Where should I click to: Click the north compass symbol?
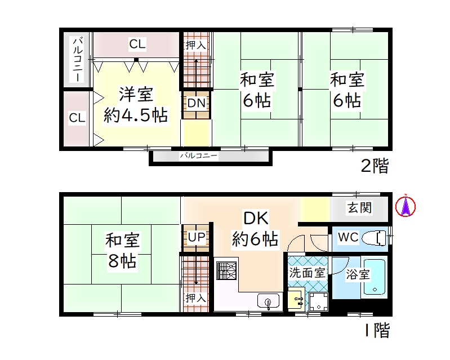coord(406,206)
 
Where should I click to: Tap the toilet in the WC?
coord(374,237)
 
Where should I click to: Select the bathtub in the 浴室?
coord(375,277)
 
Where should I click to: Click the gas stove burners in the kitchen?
coord(226,271)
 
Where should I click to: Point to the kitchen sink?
coord(268,301)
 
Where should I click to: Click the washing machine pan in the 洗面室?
coord(319,302)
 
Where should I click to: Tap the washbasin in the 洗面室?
coord(296,299)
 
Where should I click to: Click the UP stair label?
coord(197,237)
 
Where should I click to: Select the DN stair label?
coord(197,103)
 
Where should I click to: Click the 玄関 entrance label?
coord(359,207)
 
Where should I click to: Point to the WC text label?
coord(349,237)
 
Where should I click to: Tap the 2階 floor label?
coord(375,166)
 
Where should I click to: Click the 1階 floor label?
coord(377,330)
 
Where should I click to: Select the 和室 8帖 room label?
coord(123,250)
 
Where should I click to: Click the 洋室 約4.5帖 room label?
coord(136,104)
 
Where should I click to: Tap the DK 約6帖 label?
coord(255,229)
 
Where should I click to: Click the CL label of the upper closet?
coord(137,44)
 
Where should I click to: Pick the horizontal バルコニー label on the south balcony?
coord(198,156)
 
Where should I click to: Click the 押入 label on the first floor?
coord(196,298)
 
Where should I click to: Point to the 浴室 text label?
coord(358,274)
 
